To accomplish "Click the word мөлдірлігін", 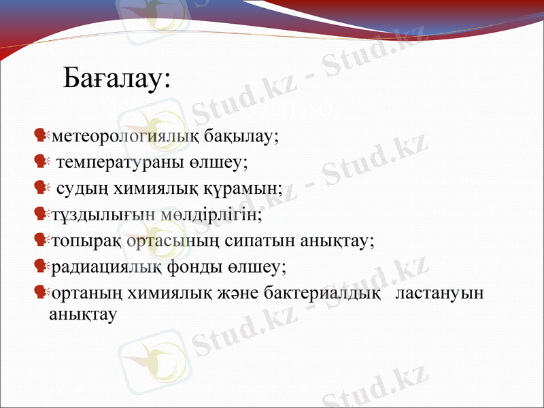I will click(212, 215).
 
